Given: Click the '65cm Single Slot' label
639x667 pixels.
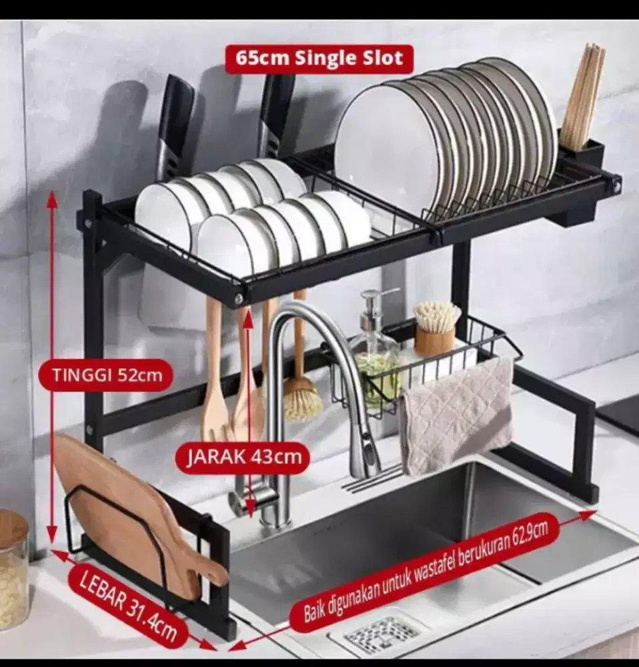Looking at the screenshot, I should [x=318, y=59].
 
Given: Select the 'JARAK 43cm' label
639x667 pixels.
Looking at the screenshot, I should [x=241, y=458].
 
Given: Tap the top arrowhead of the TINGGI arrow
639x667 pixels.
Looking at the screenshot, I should [x=51, y=195].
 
